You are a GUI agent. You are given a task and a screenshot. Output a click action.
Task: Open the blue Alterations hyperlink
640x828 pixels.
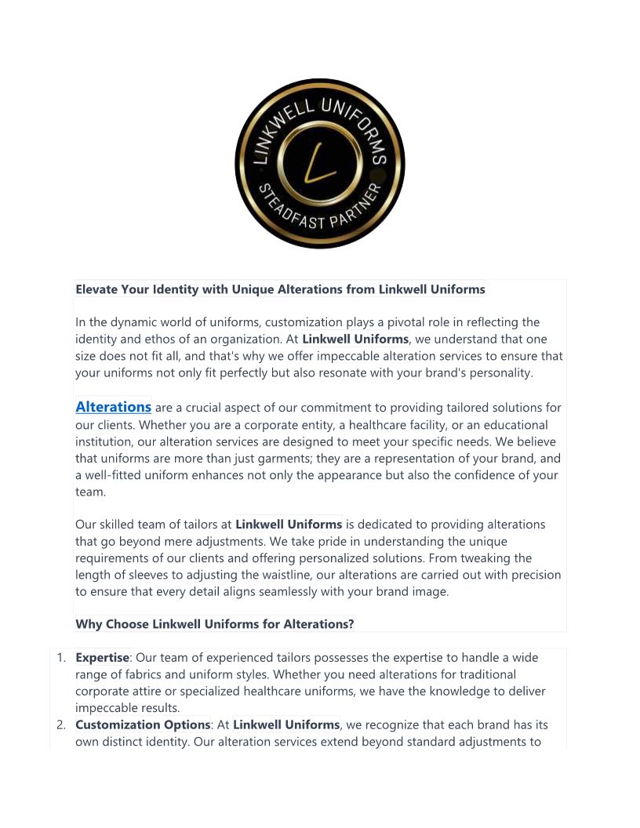113,407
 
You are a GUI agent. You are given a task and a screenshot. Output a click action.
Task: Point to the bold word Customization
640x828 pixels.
121,724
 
